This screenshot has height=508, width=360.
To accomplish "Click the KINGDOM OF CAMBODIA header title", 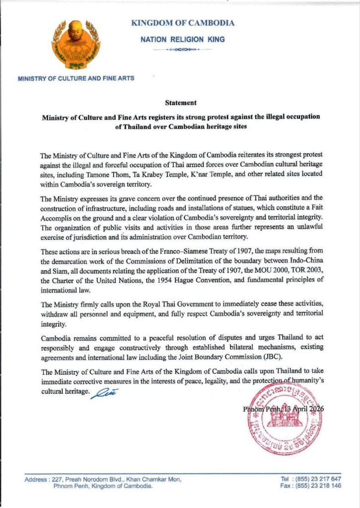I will tap(183, 23).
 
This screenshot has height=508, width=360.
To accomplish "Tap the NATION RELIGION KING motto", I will tap(182, 39).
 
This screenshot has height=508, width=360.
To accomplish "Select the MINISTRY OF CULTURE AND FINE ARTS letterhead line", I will tap(75, 78).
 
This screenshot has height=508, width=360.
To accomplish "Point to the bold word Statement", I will tap(181, 103).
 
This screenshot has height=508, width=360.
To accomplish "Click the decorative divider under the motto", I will tap(182, 50).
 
